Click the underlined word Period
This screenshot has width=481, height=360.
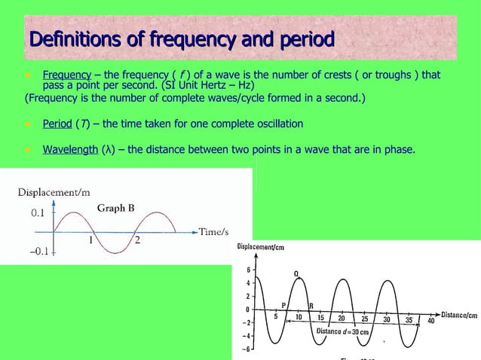point(57,124)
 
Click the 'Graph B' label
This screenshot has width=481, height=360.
point(115,208)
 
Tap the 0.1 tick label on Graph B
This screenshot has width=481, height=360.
point(38,214)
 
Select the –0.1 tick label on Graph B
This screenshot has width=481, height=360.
point(35,252)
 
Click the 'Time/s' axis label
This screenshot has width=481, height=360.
point(213,232)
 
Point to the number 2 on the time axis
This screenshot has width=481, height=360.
point(137,241)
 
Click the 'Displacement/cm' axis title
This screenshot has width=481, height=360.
point(260,247)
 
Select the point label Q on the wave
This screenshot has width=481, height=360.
point(297,273)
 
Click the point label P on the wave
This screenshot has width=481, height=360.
point(283,305)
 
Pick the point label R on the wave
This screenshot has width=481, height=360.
point(311,305)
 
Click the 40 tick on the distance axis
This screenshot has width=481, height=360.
point(431,322)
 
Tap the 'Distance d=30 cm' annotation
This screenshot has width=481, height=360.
point(342,332)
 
